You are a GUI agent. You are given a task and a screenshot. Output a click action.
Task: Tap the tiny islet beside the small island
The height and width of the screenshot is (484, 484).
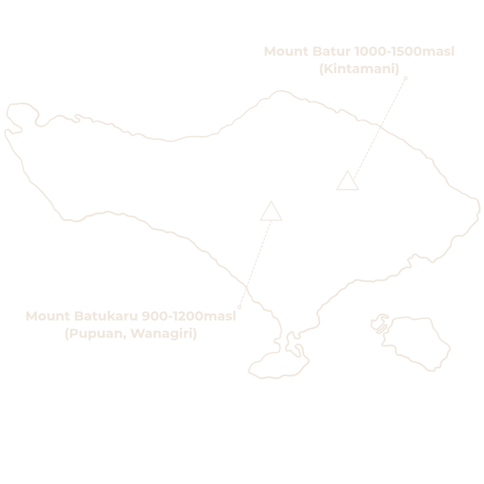(x=380, y=323)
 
